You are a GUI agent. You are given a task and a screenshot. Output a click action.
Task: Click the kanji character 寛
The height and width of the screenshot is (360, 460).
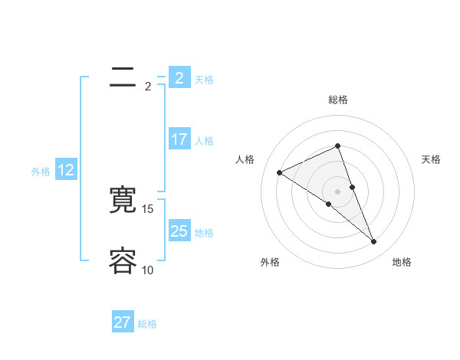coord(123,200)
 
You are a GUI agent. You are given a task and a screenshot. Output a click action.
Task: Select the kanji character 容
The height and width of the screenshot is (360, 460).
coord(123,260)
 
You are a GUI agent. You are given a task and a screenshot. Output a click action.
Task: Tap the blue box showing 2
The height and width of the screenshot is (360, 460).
coord(179,78)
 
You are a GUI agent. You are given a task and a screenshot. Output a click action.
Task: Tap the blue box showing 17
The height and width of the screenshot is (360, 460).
coord(179,139)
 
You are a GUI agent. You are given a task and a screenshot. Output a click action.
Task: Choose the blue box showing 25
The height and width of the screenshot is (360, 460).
coord(179,231)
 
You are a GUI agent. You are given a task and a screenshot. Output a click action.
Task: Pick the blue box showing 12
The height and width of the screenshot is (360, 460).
coord(66,171)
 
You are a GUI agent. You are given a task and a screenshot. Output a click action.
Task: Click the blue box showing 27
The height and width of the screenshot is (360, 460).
coord(122,322)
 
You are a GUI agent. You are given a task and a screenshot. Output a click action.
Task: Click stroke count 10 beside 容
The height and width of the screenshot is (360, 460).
coord(148,270)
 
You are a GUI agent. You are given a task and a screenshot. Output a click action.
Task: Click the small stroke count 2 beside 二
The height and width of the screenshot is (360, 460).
coord(148,87)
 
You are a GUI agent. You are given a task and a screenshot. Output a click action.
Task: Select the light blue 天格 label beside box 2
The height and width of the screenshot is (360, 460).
coord(204,79)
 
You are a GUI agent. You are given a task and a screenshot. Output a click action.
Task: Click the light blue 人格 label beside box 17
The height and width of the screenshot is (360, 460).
coord(204,141)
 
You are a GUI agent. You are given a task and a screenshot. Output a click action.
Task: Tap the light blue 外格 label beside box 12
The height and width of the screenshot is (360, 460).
coord(41,172)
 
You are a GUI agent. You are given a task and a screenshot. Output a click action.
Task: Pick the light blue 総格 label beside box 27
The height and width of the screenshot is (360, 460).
coord(147,324)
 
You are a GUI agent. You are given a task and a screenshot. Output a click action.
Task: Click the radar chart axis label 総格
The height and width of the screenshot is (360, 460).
coord(338,100)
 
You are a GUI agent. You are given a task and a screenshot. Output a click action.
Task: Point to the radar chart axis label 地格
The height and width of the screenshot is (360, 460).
coord(402,262)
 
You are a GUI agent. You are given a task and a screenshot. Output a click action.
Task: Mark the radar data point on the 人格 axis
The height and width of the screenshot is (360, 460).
coord(280,172)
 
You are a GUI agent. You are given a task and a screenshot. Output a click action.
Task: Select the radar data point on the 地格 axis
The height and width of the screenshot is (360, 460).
coord(374,242)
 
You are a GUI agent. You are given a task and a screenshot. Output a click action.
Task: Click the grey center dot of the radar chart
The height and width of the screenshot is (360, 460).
coord(338,191)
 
